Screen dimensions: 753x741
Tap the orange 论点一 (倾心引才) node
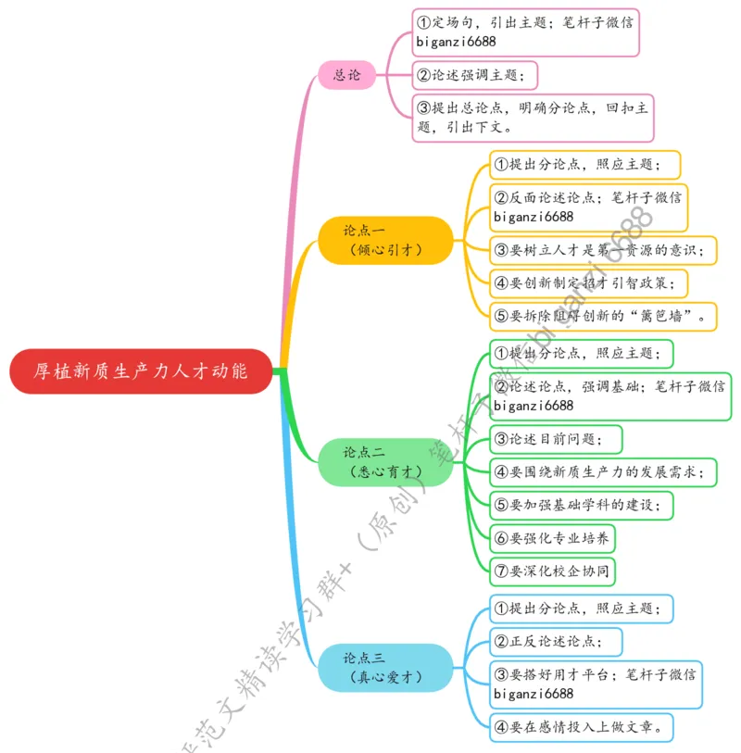(385, 240)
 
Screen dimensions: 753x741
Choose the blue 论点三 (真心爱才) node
(385, 668)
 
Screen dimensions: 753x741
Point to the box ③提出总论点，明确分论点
(533, 118)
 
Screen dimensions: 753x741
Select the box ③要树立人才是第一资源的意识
(603, 250)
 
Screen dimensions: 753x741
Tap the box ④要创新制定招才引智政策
(588, 282)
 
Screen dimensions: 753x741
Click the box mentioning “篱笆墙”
(603, 316)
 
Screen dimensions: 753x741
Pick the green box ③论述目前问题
(556, 438)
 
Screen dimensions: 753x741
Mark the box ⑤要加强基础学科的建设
(581, 506)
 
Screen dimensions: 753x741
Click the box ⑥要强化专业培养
(551, 538)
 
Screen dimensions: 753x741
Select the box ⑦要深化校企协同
(551, 571)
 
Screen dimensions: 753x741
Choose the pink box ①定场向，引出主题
(525, 31)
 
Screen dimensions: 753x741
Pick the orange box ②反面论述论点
(588, 207)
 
